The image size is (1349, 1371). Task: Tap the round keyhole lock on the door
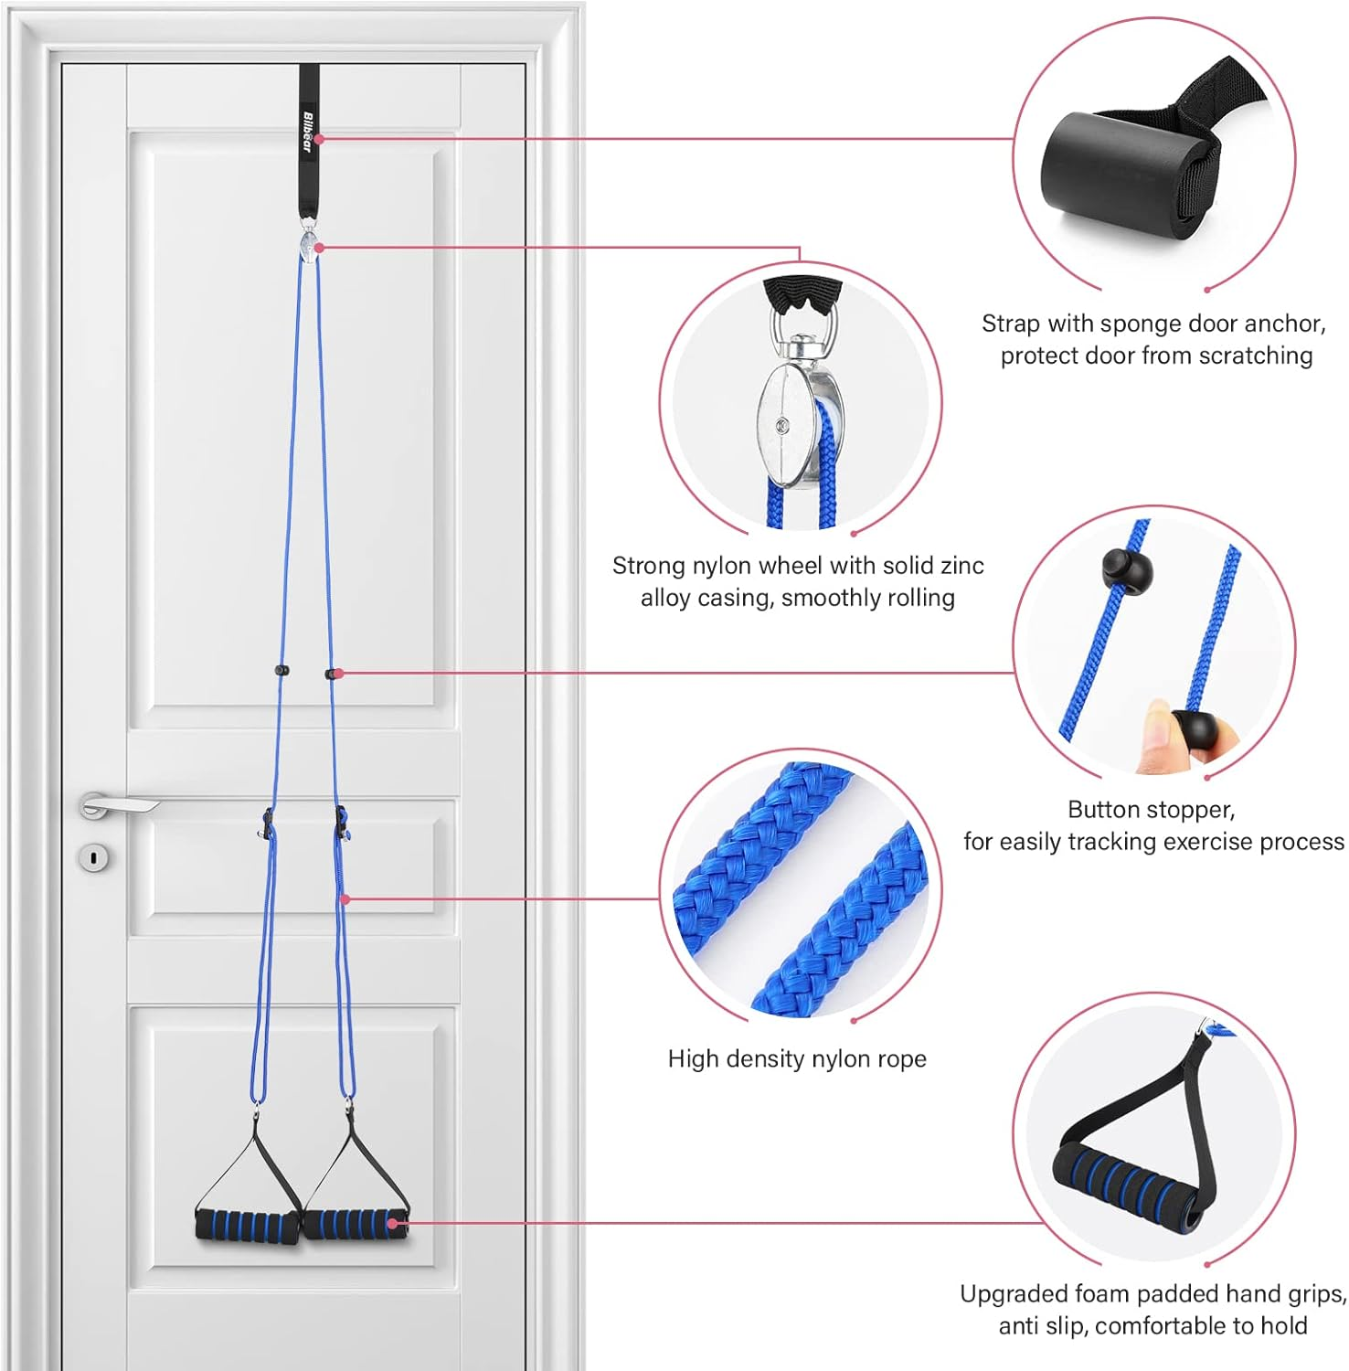(x=94, y=857)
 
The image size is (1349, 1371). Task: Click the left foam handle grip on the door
(x=246, y=1225)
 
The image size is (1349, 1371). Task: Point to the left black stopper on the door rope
(x=281, y=671)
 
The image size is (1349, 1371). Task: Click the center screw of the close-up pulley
(x=782, y=425)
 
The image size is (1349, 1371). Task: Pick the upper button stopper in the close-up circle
(x=1127, y=569)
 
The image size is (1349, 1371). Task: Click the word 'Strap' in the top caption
(x=1011, y=324)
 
